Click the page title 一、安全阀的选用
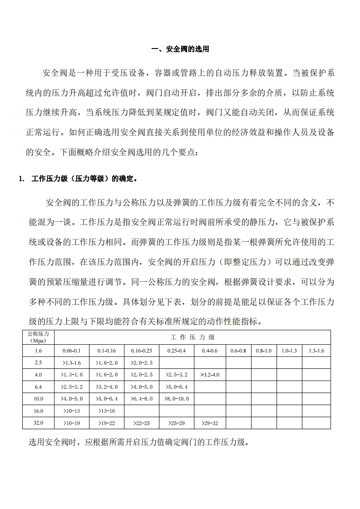[x=180, y=49]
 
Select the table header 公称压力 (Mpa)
[x=38, y=337]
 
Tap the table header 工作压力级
[x=192, y=337]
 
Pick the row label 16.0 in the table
[x=38, y=411]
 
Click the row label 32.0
[x=38, y=423]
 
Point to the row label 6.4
[x=38, y=387]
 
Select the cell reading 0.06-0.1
[x=71, y=351]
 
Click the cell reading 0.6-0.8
[x=238, y=351]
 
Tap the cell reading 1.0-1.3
[x=289, y=351]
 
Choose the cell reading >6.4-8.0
[x=142, y=399]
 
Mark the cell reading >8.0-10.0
[x=177, y=399]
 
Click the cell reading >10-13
[x=71, y=411]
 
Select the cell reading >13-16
[x=107, y=411]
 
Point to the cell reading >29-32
[x=209, y=423]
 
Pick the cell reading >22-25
[x=142, y=423]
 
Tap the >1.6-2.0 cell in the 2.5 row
[x=107, y=362]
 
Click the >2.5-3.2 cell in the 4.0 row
[x=177, y=375]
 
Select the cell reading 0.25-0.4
[x=177, y=351]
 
